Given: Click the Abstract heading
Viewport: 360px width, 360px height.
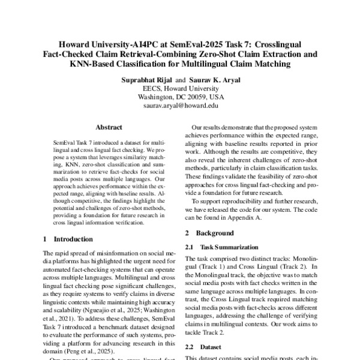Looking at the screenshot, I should click(x=109, y=127).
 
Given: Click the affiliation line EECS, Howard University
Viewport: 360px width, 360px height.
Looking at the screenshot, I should click(x=179, y=88).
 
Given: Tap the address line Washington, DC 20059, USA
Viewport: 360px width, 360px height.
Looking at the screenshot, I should click(x=179, y=96).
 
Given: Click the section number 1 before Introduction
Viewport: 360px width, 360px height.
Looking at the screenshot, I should click(x=46, y=256).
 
